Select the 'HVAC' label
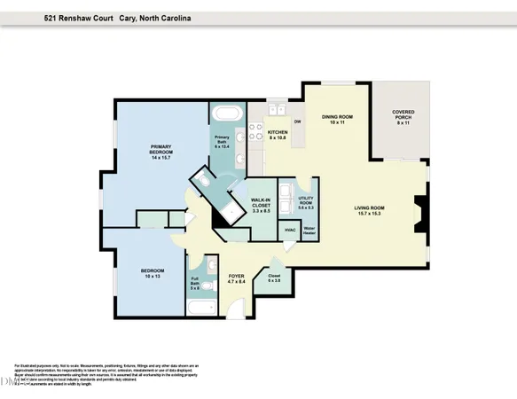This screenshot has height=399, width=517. tap(289, 231)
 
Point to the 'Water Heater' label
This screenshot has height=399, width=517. tap(309, 231)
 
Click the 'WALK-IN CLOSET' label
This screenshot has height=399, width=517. tap(261, 206)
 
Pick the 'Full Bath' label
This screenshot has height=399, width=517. tap(195, 282)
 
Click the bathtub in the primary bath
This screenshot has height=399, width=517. tap(226, 113)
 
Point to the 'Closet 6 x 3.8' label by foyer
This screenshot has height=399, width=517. tap(273, 278)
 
